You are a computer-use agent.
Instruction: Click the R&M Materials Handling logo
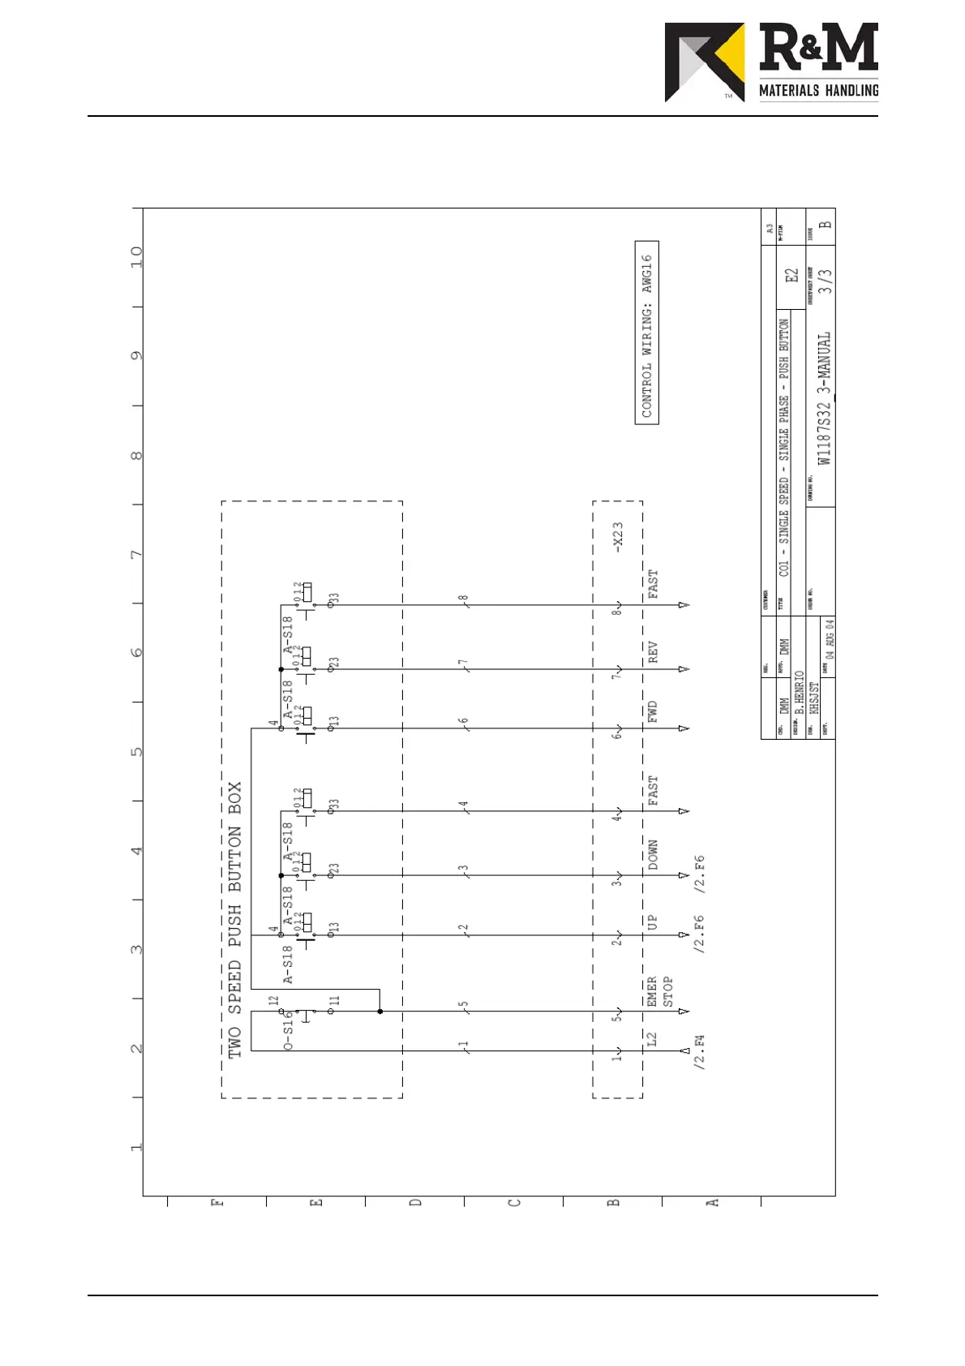771,62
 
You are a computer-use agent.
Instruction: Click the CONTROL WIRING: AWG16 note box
646,333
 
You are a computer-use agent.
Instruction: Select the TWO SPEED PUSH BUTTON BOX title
234,920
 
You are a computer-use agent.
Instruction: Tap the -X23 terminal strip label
618,538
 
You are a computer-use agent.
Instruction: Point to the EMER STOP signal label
659,991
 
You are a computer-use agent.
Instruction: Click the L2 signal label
652,1039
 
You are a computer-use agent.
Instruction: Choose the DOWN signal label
653,855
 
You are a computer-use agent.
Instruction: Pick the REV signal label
653,652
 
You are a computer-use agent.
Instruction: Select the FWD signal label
653,711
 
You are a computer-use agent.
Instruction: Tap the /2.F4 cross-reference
700,1052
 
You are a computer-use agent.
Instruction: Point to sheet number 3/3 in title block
824,281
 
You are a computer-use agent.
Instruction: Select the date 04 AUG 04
829,638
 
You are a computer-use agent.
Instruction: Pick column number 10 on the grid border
136,257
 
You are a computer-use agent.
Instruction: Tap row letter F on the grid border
217,1202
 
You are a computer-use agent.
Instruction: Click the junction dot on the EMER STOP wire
380,1012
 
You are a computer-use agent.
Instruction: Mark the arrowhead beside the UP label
684,935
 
